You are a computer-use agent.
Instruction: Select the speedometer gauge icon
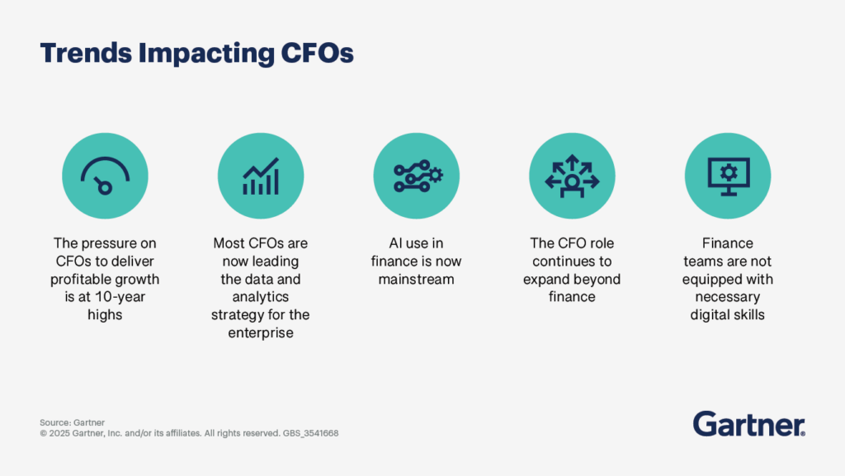pyautogui.click(x=105, y=175)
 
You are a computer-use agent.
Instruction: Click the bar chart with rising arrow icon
pyautogui.click(x=261, y=175)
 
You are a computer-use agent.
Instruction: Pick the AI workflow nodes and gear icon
pyautogui.click(x=417, y=175)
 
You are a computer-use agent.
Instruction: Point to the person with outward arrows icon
pyautogui.click(x=572, y=175)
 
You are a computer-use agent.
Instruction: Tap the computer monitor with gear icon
pyautogui.click(x=728, y=175)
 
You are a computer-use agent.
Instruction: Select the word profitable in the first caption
pyautogui.click(x=80, y=279)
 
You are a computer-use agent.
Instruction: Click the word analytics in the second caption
pyautogui.click(x=261, y=297)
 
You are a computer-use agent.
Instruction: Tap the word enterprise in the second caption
pyautogui.click(x=261, y=332)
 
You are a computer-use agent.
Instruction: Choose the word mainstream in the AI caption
pyautogui.click(x=417, y=279)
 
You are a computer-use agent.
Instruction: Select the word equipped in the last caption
pyautogui.click(x=715, y=279)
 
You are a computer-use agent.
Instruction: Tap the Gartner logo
pyautogui.click(x=749, y=424)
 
